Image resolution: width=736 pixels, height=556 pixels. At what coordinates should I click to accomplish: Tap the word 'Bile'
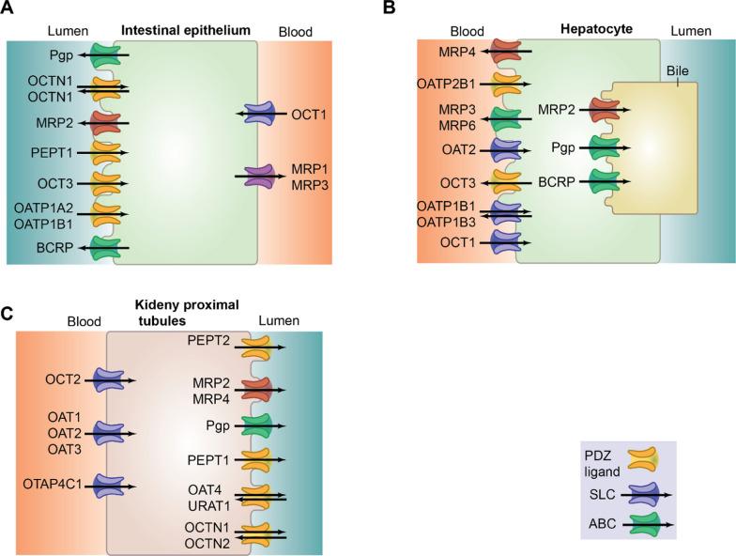[677, 71]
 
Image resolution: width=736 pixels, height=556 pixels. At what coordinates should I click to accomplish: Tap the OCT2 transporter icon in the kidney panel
[111, 381]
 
